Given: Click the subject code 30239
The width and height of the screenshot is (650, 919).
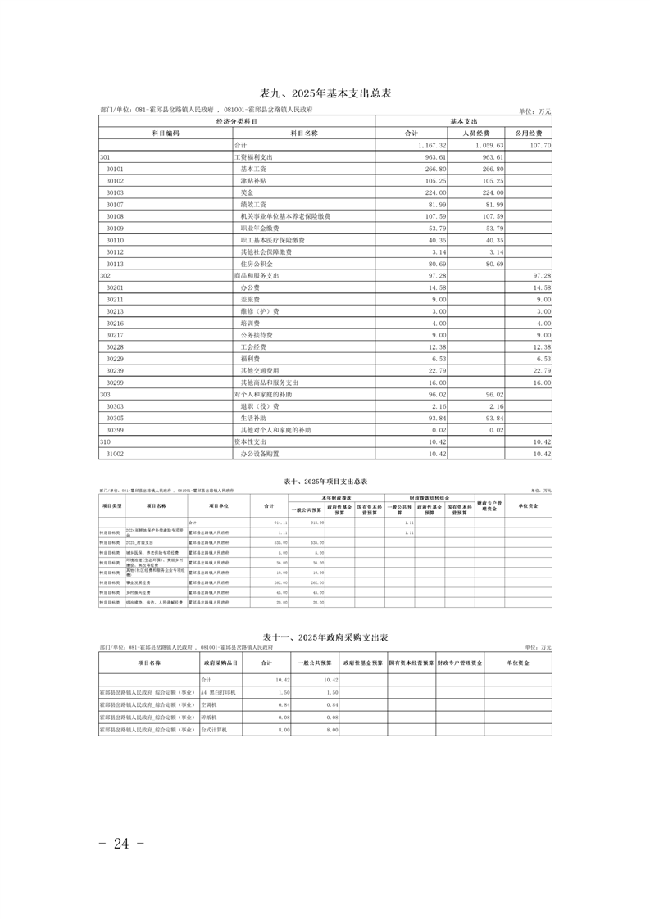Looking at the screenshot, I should coord(115,370).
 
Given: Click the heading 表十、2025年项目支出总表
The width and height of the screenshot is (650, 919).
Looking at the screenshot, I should coord(325,482).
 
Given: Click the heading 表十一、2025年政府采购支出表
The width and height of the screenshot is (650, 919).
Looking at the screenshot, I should coord(325,636).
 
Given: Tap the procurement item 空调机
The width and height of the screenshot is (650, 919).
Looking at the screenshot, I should coord(209,704).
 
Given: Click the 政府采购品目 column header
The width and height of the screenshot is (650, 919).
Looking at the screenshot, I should coord(220,663).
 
